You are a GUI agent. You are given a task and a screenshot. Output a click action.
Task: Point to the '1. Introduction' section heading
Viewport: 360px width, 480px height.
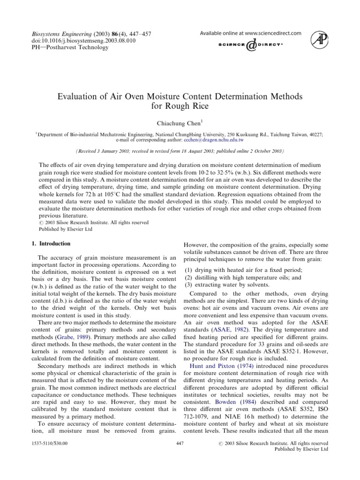[x=47, y=244]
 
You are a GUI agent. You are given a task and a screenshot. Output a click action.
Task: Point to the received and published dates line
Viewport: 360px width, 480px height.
[x=180, y=152]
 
